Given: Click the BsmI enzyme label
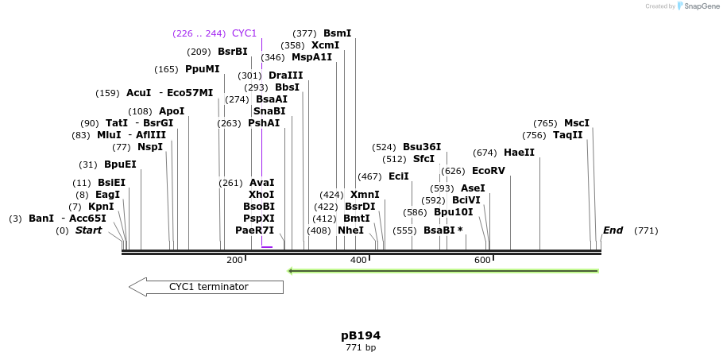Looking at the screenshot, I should point(337,33).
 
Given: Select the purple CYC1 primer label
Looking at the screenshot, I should point(244,33).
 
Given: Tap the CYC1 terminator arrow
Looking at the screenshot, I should point(206,287).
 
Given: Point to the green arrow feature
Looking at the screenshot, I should point(443,271).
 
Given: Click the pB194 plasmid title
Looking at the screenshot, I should point(361,335).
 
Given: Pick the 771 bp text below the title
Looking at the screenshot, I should point(361,348).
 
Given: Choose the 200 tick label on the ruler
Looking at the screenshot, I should point(234,260).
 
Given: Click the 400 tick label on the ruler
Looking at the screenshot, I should point(358,260).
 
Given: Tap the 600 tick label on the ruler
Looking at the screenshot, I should point(482,260).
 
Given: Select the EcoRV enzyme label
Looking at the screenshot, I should point(488,171).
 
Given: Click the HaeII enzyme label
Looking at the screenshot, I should point(519,153).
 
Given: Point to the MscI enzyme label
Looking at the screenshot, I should point(576,123).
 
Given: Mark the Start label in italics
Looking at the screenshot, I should point(88,230).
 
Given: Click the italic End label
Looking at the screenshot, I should point(613,230).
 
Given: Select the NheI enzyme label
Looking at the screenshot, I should point(350,230).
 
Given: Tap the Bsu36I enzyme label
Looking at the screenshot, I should point(421,147).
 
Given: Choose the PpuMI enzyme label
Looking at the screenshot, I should point(202,69).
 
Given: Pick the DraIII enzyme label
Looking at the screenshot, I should point(285,75).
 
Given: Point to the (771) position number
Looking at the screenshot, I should point(646,230).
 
